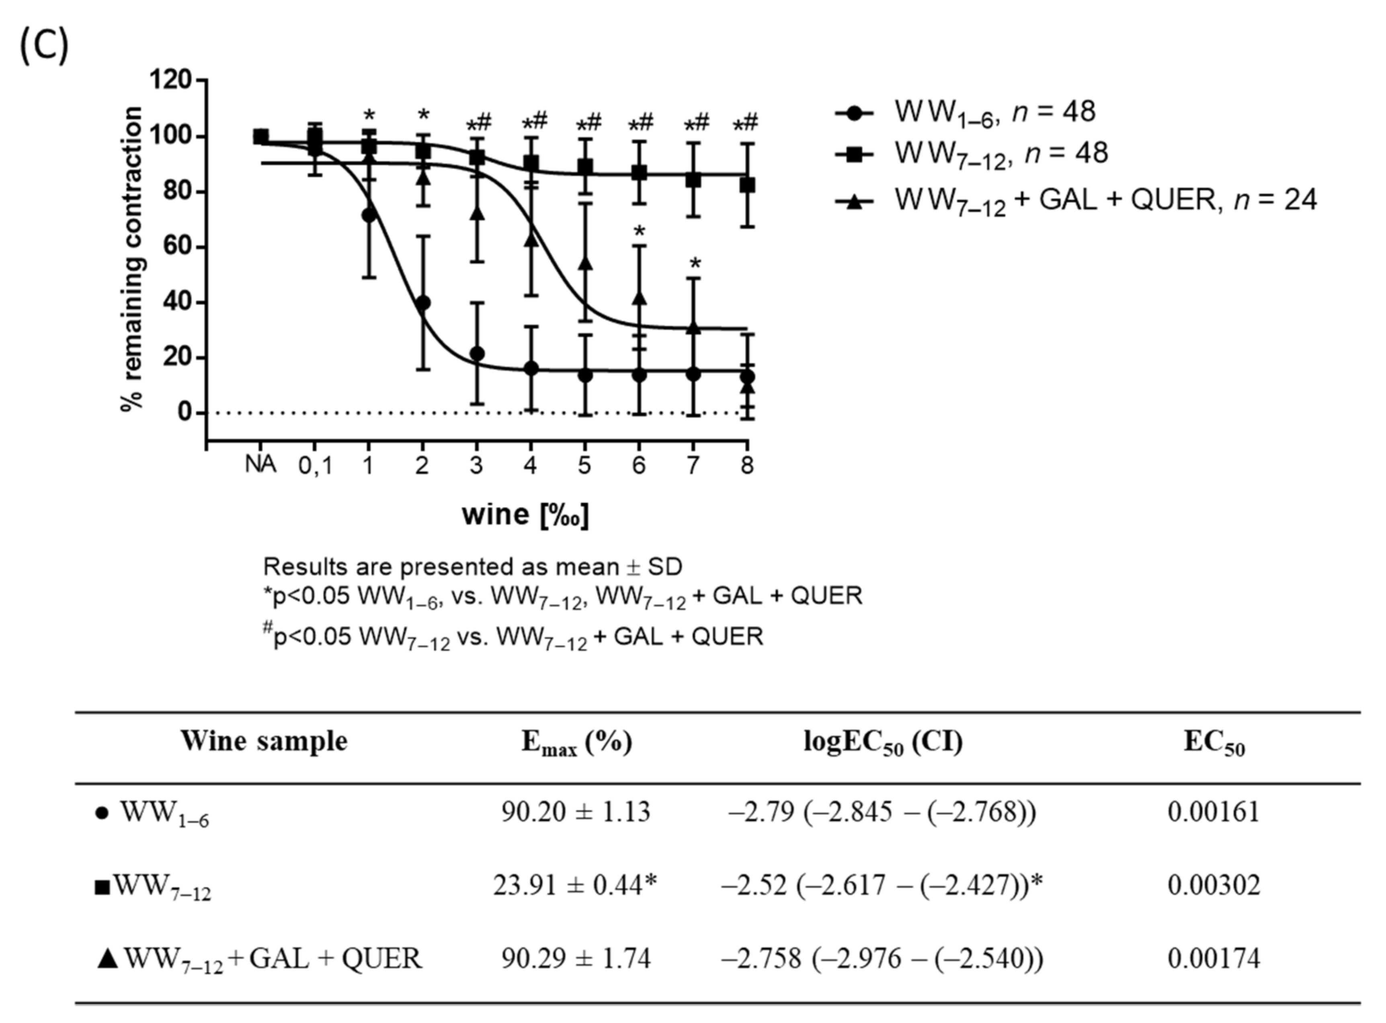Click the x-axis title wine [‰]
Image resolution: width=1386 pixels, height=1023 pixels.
(525, 515)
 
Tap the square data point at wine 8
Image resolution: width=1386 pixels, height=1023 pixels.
(748, 185)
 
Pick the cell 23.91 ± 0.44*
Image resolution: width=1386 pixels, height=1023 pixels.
(575, 886)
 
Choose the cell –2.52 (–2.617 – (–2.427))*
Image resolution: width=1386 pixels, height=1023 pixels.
(882, 886)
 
